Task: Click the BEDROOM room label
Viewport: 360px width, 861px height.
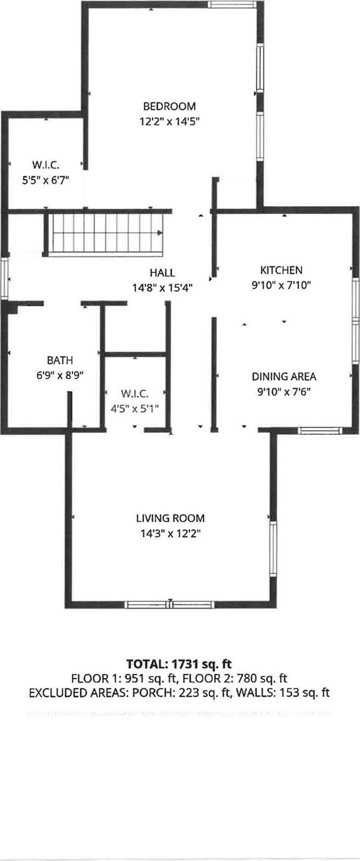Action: coord(170,106)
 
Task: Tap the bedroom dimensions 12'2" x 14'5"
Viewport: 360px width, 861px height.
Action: coord(170,121)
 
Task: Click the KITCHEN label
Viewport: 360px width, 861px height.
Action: coord(281,270)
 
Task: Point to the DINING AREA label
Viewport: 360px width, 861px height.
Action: coord(284,377)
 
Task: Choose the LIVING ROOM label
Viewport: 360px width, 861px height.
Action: coord(170,518)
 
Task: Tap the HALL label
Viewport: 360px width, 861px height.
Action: coord(161,273)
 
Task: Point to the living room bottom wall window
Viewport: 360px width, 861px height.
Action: coord(170,603)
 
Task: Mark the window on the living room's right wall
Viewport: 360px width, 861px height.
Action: coord(271,547)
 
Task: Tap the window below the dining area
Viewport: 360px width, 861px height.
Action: coord(318,431)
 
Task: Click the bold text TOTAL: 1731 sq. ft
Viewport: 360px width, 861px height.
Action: coord(180,663)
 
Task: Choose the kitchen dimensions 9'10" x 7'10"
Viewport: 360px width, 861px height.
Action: coord(281,285)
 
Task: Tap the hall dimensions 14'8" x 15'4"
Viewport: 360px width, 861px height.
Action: coord(161,287)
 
